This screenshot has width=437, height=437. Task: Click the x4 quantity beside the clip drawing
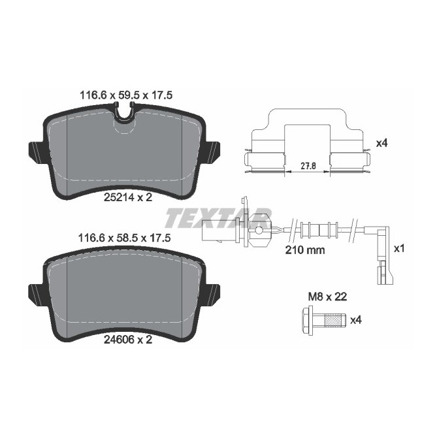coord(383,143)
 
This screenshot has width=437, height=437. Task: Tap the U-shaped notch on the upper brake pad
coord(123,120)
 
